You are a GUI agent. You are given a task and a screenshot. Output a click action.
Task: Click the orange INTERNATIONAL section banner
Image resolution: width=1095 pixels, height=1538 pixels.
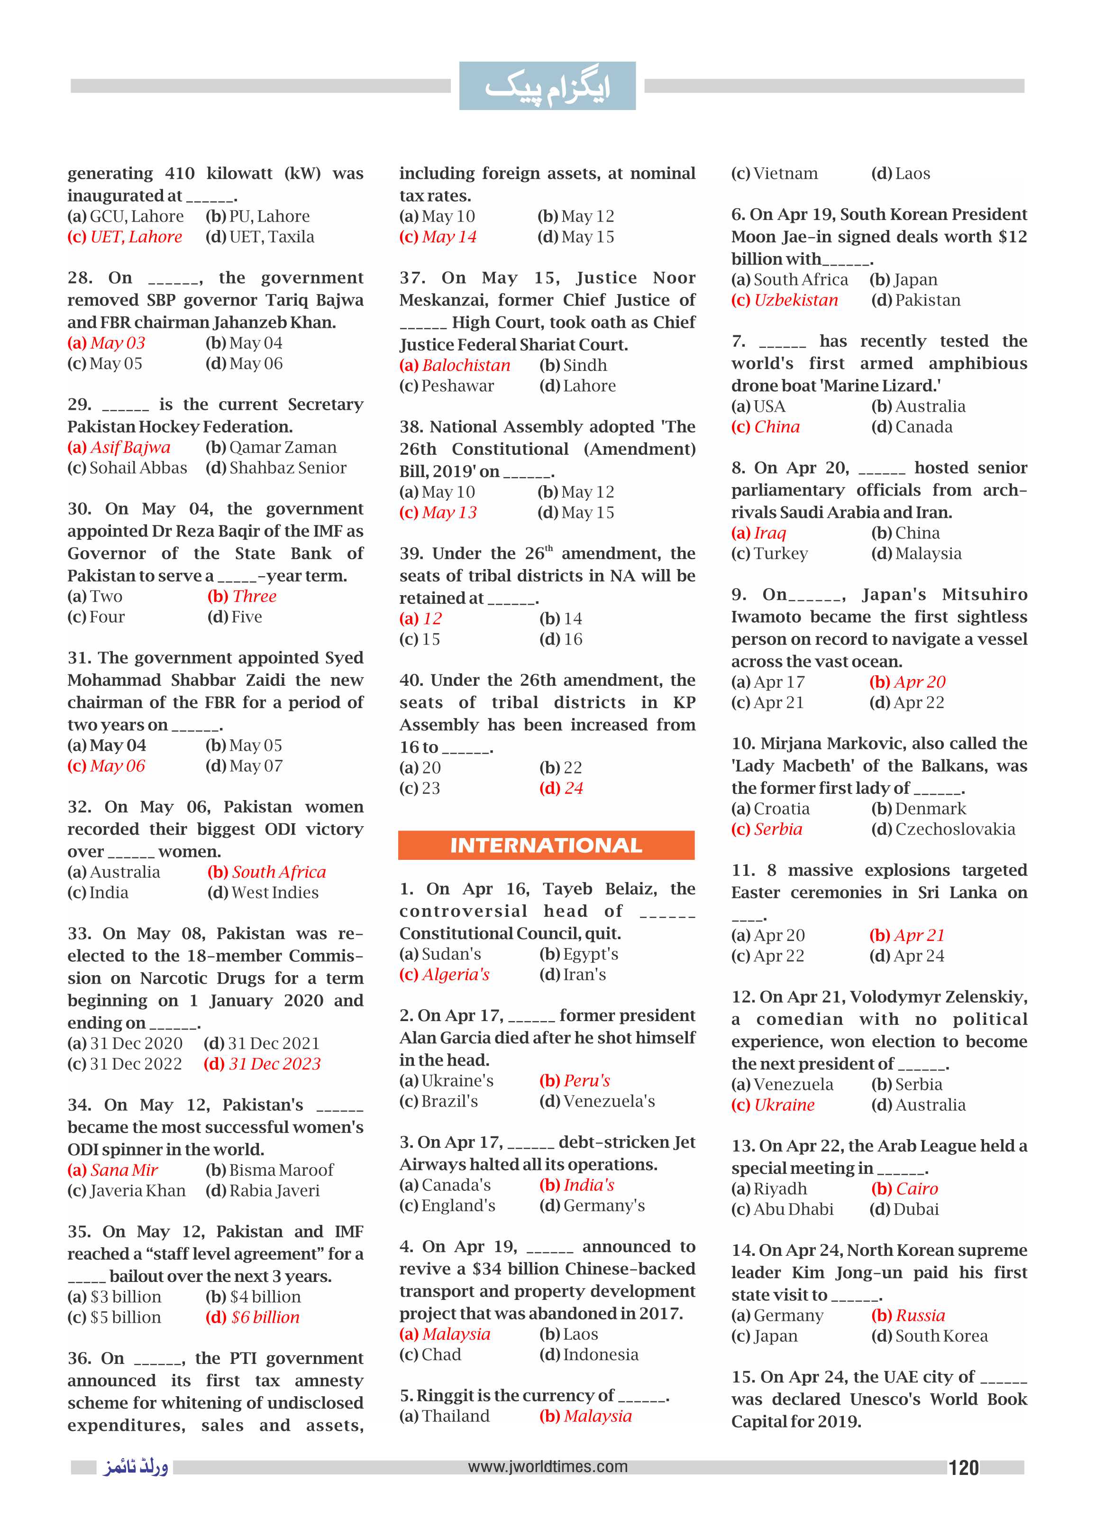[546, 845]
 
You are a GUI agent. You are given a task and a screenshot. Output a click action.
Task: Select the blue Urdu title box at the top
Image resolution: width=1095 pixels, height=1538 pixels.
[547, 86]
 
